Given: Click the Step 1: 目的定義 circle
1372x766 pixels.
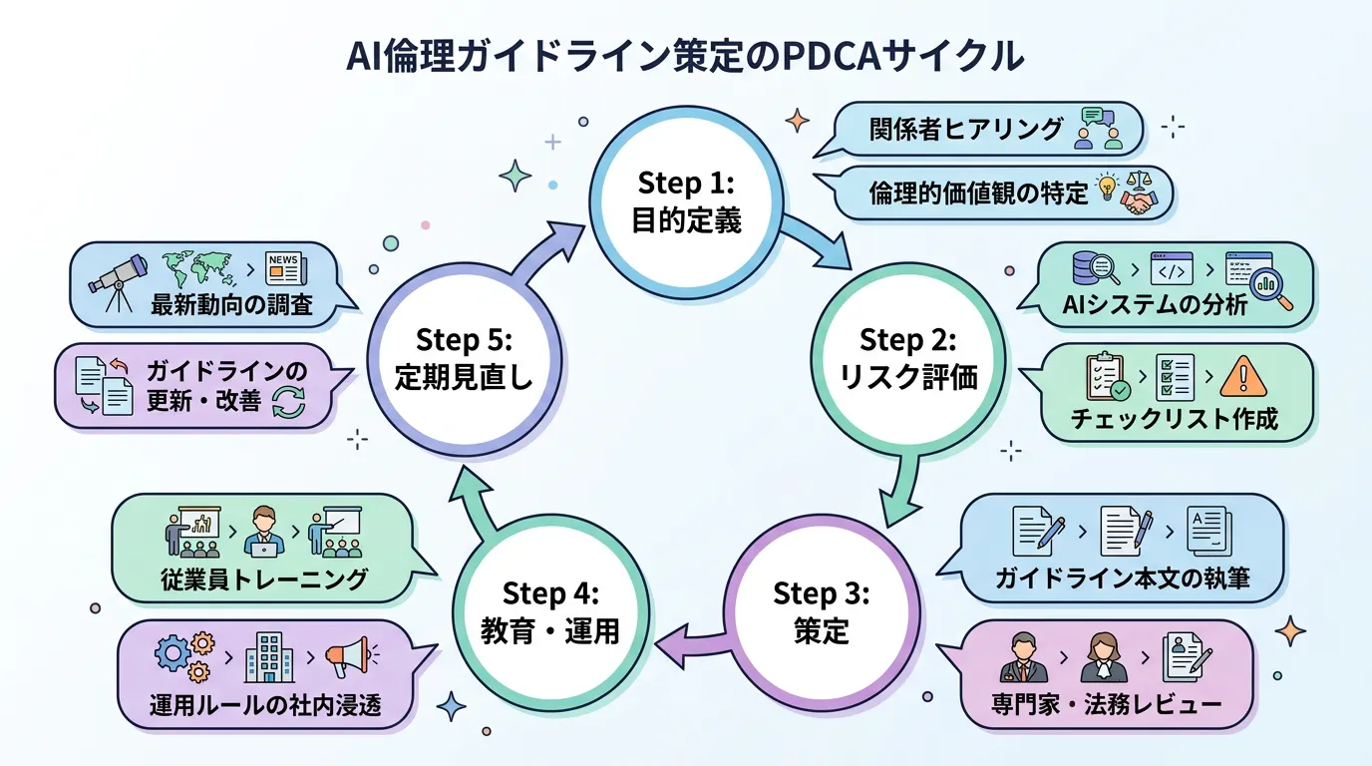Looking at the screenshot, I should (686, 201).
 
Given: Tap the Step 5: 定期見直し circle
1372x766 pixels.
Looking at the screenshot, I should (464, 357).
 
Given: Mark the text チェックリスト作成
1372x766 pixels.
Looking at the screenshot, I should (1174, 418).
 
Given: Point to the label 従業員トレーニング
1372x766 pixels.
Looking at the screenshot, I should (263, 578).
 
